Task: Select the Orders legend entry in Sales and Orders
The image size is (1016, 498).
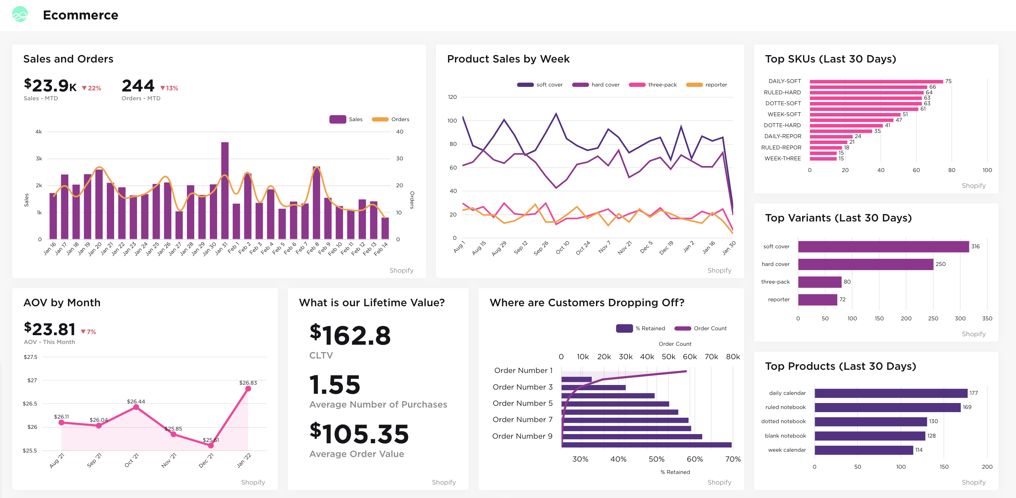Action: pos(390,119)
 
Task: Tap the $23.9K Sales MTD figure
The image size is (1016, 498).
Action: pos(51,85)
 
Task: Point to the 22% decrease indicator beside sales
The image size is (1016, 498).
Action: pos(91,88)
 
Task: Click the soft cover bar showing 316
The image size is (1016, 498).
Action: pos(883,247)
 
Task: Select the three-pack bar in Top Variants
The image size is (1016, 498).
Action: pos(819,282)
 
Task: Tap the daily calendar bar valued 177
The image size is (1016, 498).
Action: pos(891,393)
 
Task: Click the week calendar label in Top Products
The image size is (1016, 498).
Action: pos(786,450)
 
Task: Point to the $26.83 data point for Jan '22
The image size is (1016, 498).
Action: pos(248,389)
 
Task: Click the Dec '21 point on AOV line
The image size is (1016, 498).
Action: pos(211,446)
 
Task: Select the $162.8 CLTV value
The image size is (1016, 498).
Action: pos(350,335)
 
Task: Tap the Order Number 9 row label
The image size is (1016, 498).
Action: pos(522,436)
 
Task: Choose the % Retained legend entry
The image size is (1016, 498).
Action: pos(640,328)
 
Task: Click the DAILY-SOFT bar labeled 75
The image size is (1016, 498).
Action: pos(876,82)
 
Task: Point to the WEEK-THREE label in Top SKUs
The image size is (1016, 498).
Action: pos(782,159)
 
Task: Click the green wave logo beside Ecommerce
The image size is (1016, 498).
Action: pos(20,14)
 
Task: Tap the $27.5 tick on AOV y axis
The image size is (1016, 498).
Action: pos(30,357)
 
